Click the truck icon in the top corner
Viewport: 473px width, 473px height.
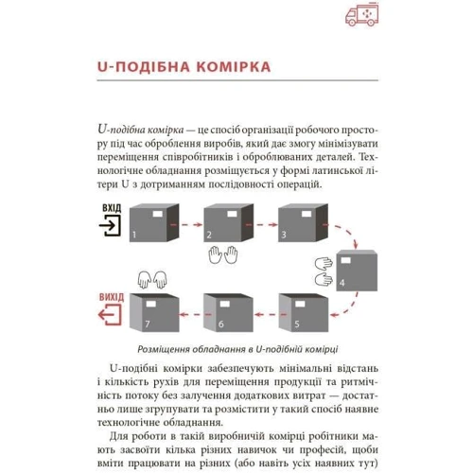362,14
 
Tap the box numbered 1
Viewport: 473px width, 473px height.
154,223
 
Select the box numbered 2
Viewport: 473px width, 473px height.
229,223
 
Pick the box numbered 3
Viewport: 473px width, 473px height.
303,223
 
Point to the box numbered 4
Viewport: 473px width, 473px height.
357,271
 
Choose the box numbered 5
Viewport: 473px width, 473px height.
304,313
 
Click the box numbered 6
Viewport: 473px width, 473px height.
228,313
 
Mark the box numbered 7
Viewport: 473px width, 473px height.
154,313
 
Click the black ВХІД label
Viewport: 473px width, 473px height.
112,208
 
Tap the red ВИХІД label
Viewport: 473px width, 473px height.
112,297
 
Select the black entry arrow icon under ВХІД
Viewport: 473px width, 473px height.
110,225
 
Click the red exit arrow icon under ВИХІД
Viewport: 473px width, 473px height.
110,315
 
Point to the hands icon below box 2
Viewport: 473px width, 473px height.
223,254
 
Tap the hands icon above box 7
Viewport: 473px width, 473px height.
152,280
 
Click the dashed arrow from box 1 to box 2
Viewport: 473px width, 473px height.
186,224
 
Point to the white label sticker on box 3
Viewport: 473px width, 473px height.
307,215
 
